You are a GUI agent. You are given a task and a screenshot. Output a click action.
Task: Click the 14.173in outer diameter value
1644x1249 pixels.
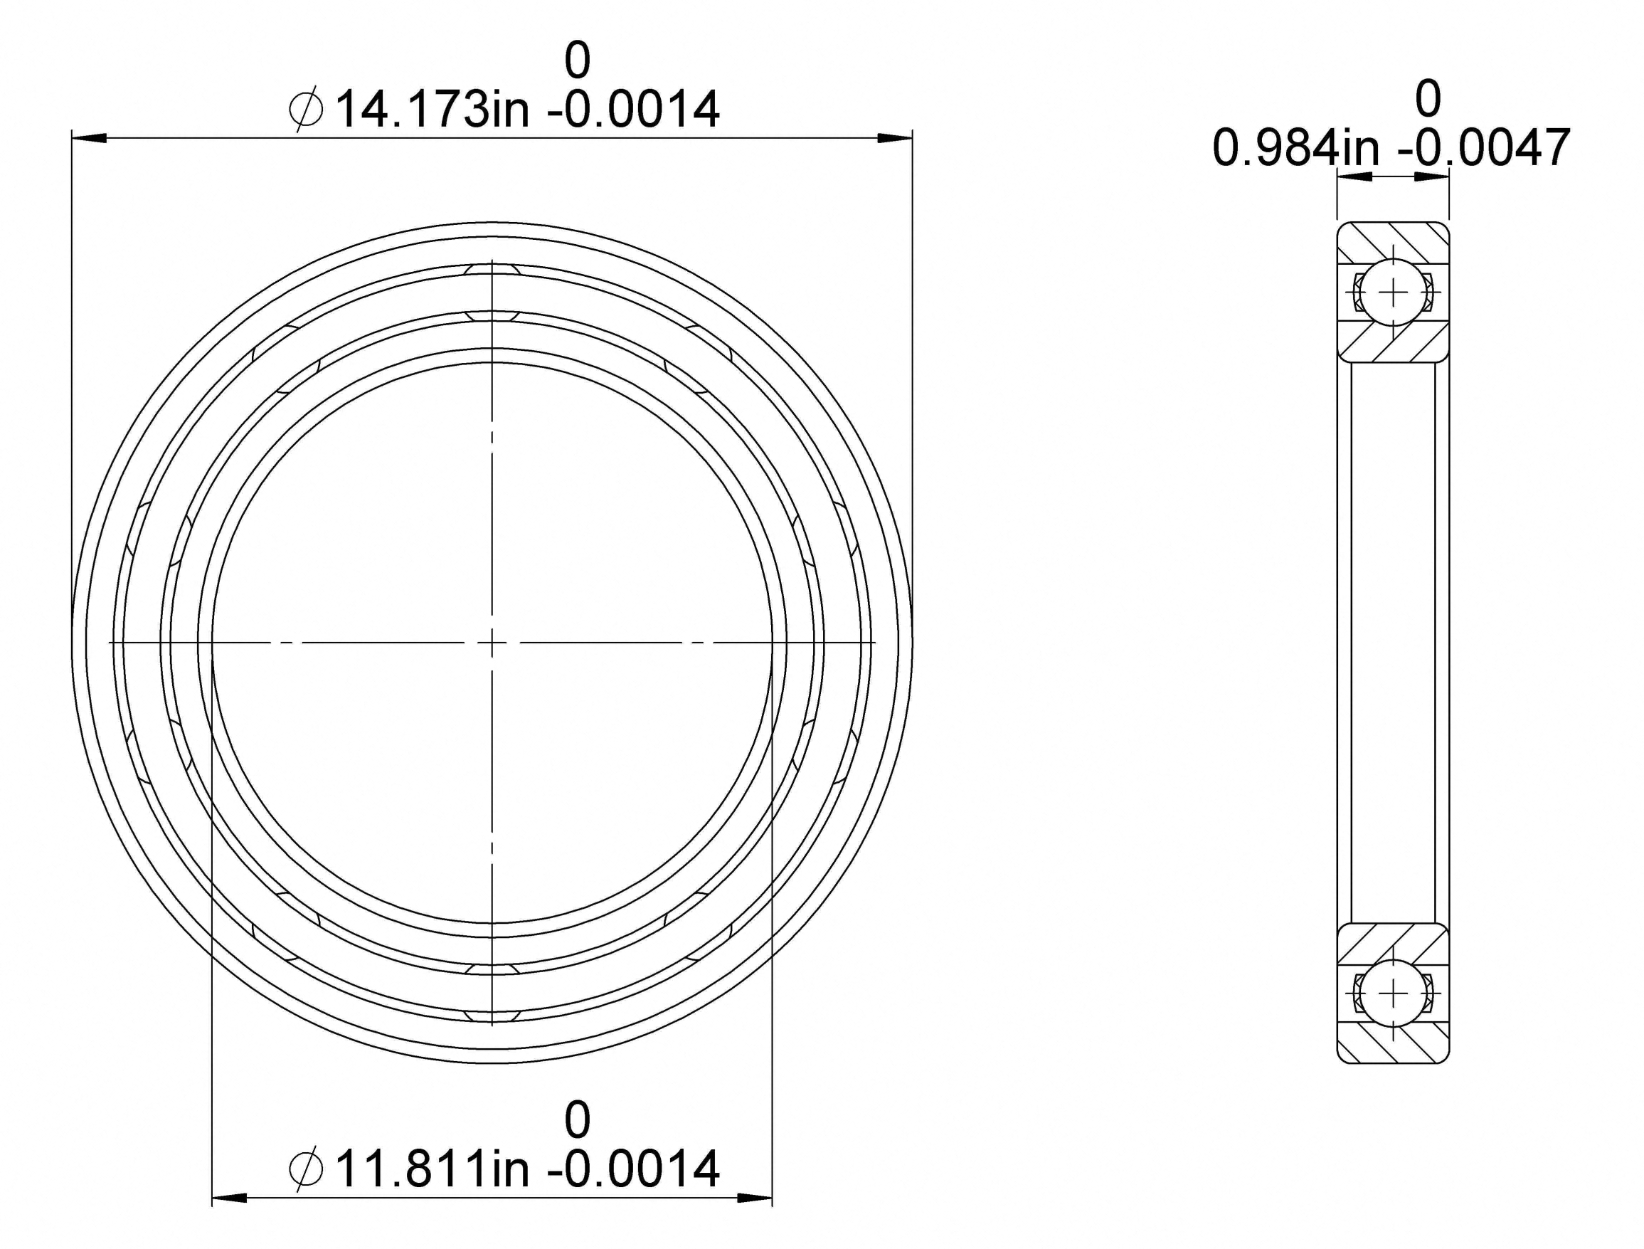[433, 110]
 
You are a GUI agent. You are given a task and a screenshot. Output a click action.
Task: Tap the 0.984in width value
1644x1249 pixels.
[1295, 147]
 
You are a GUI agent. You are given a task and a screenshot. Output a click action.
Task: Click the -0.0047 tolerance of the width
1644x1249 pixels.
[1484, 147]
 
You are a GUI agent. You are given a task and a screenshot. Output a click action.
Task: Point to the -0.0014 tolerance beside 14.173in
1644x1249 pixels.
[633, 110]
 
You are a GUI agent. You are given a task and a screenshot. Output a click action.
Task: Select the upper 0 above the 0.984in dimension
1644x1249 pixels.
[1428, 98]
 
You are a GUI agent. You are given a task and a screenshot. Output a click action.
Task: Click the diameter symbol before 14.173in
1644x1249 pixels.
[306, 110]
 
